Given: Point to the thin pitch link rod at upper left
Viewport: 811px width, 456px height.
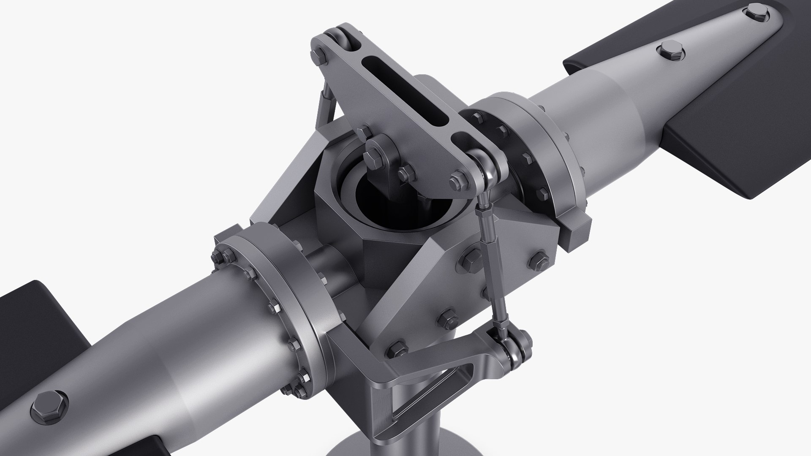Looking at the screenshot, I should [x=323, y=110].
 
